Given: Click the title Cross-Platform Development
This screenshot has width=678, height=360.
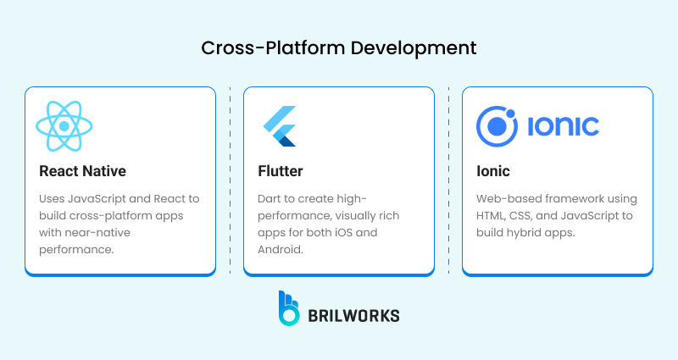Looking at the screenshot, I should [x=339, y=47].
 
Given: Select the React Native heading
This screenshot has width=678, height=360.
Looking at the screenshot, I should [x=82, y=171].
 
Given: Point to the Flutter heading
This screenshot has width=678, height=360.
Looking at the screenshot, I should [x=280, y=171].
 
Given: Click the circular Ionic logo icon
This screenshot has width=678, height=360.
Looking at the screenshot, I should [x=497, y=126].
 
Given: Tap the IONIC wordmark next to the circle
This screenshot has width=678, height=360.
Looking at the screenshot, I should [x=563, y=127].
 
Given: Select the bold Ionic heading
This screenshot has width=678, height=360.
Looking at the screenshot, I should [x=492, y=171].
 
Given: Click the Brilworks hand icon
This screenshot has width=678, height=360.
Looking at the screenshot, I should [x=290, y=308].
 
